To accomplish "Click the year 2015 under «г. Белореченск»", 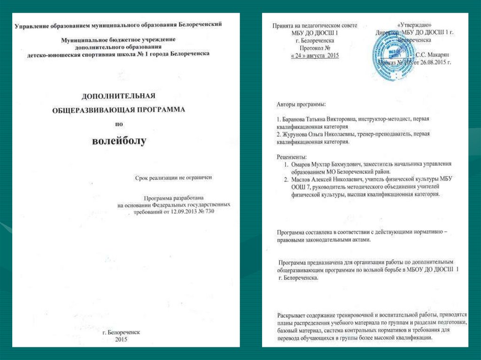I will (x=121, y=339).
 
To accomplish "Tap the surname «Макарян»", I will (x=435, y=55).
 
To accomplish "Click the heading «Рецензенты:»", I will (x=292, y=156).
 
